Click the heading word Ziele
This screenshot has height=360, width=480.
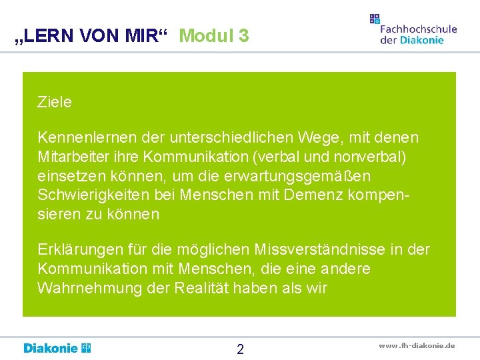click(x=55, y=103)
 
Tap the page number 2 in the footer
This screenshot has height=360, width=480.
click(x=240, y=349)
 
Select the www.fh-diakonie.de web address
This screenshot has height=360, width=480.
click(x=417, y=345)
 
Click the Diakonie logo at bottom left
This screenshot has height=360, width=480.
click(x=57, y=348)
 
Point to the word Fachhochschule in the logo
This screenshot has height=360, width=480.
click(x=418, y=29)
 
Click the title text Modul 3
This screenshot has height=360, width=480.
click(x=214, y=35)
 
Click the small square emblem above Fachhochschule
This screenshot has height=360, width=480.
click(x=375, y=19)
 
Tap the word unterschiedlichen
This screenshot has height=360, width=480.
click(x=229, y=138)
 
